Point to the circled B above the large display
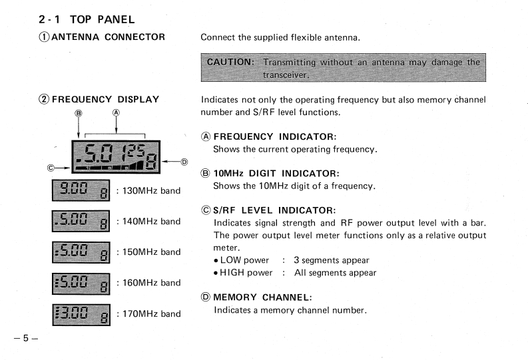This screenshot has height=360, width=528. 78,113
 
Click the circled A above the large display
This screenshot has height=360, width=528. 116,113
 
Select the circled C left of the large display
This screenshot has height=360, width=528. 51,167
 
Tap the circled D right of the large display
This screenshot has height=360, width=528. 184,162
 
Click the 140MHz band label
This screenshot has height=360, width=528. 148,221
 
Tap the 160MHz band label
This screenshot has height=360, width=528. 148,283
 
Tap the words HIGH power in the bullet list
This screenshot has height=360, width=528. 243,272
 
